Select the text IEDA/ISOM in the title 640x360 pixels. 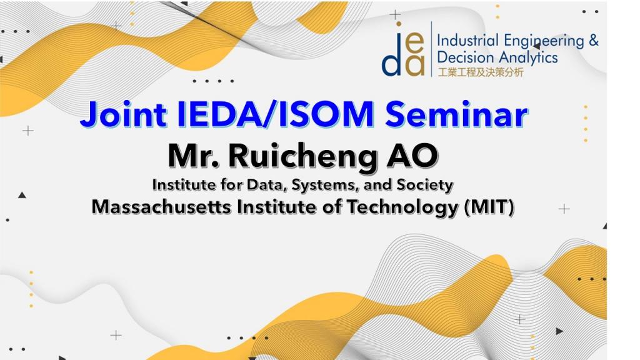(x=276, y=114)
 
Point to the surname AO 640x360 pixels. (x=412, y=156)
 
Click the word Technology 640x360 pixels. (x=402, y=207)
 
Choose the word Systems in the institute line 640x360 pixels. (x=325, y=186)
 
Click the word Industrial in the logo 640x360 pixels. (x=467, y=41)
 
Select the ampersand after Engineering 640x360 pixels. (x=594, y=41)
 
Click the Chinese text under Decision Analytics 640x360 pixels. (x=481, y=72)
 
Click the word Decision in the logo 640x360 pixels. (x=466, y=57)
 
